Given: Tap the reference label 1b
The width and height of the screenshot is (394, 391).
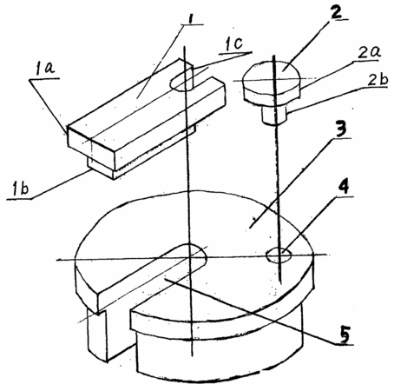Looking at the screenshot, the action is (x=20, y=189).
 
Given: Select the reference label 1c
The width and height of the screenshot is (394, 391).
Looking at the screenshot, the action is (x=233, y=44).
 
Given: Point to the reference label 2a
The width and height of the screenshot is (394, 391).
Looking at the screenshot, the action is (x=370, y=52).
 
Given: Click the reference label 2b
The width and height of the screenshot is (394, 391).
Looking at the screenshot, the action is (x=377, y=79).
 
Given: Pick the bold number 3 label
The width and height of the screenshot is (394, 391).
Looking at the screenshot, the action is (x=340, y=128).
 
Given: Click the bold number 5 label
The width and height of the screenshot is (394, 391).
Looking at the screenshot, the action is (x=345, y=334).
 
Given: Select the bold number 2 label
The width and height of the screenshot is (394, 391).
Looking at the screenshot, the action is (x=336, y=11).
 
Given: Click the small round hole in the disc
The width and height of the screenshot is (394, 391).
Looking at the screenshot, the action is (x=279, y=255).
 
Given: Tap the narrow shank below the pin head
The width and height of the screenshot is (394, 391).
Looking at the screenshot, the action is (x=275, y=116).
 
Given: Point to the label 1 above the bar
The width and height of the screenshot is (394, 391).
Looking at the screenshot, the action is (x=190, y=19).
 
